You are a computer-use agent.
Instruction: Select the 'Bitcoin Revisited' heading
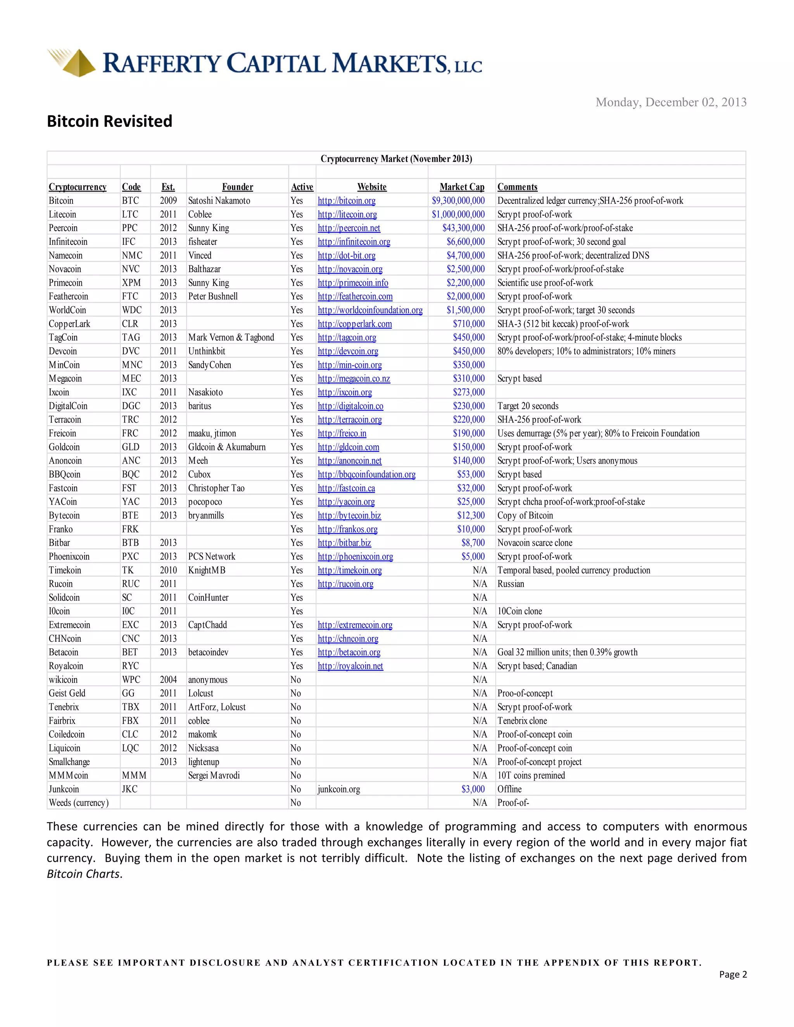[x=110, y=121]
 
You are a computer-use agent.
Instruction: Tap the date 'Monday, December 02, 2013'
[x=671, y=103]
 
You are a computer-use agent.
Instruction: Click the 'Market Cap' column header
[x=461, y=187]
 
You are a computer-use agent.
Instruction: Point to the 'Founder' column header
[x=238, y=187]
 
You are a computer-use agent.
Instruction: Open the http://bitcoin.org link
[x=347, y=201]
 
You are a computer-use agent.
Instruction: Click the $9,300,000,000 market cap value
[x=458, y=201]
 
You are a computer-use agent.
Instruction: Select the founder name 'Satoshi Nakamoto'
[x=219, y=201]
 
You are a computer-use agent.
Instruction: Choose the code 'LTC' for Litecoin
[x=130, y=214]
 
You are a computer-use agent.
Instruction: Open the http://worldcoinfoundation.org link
[x=370, y=310]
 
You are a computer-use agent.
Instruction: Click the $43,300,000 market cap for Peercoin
[x=463, y=228]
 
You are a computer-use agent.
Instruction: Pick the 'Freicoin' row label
[x=62, y=434]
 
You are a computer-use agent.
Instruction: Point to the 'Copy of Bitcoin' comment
[x=525, y=515]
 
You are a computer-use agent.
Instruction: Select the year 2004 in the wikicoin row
[x=168, y=679]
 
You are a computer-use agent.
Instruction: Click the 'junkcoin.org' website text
[x=339, y=789]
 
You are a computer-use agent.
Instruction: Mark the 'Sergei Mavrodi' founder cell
[x=214, y=775]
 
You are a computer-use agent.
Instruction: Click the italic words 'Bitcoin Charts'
[x=83, y=874]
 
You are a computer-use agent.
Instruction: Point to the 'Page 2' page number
[x=732, y=974]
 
